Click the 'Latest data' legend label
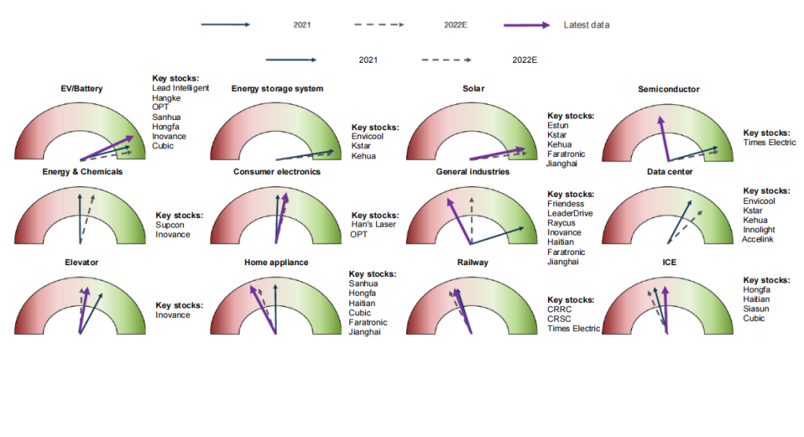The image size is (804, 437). tap(586, 25)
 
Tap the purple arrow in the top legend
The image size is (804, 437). tap(527, 25)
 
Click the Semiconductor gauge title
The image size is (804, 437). tap(668, 89)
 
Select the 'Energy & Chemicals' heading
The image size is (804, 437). tap(82, 172)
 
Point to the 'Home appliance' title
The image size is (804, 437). tap(276, 262)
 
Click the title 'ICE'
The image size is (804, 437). tap(668, 262)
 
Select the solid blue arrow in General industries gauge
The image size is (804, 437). tap(498, 235)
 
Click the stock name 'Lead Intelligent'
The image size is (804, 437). tap(181, 88)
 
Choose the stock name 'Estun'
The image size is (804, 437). tap(557, 126)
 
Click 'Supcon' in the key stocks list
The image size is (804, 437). tap(170, 225)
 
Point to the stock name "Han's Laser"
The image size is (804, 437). tap(372, 225)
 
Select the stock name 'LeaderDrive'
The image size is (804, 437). tap(570, 213)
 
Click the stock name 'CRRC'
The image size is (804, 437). tap(561, 310)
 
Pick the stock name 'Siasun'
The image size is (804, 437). tap(758, 309)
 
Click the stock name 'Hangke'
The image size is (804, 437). tap(166, 98)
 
